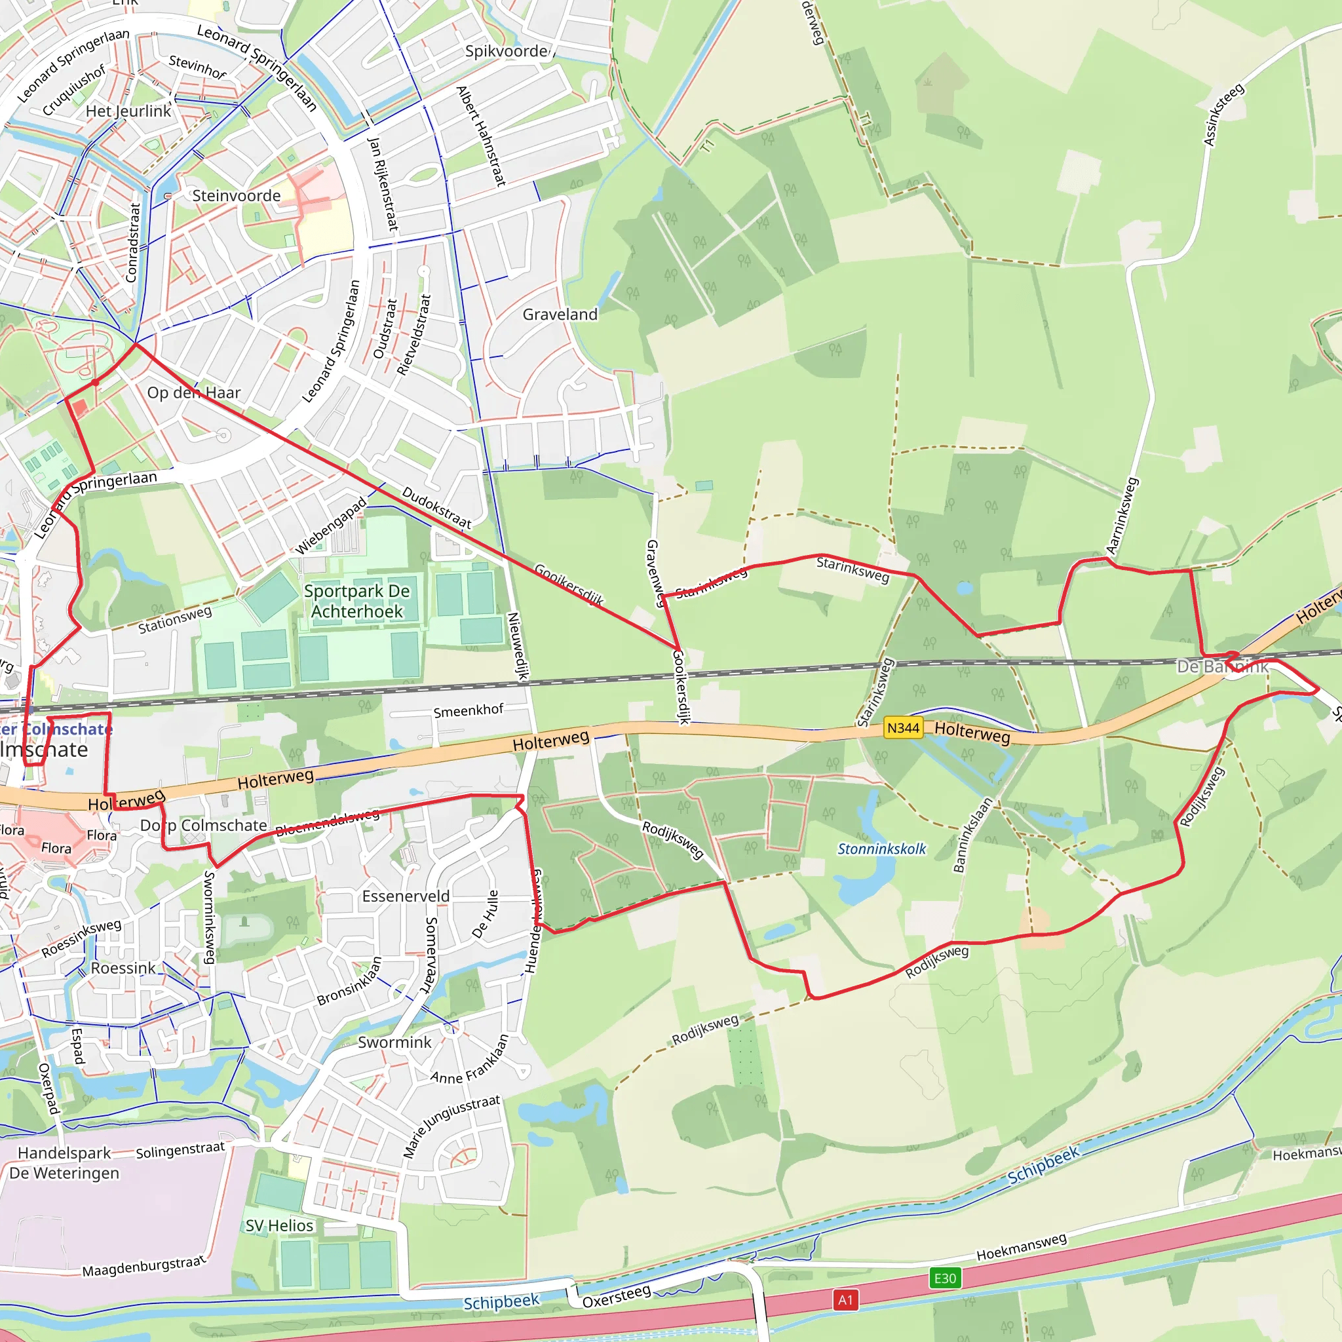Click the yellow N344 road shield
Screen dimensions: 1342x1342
(903, 728)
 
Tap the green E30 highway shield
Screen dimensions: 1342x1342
(945, 1278)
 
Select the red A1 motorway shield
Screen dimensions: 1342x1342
(845, 1300)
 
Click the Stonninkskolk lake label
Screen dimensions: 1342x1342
(881, 849)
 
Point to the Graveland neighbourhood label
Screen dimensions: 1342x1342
(560, 315)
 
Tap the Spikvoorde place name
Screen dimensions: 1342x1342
(507, 51)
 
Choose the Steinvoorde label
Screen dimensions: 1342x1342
(236, 196)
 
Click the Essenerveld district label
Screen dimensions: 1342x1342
(406, 896)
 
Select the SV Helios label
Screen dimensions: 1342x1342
(279, 1225)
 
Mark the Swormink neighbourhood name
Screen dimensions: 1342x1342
(394, 1042)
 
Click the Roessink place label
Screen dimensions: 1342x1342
(124, 968)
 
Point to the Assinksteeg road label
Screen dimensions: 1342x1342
(1223, 115)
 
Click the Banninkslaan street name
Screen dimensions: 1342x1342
(972, 835)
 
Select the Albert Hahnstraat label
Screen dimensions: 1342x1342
(481, 136)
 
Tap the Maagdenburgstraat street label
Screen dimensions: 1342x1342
(144, 1265)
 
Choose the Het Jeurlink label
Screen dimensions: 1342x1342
(128, 111)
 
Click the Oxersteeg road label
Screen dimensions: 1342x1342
(617, 1296)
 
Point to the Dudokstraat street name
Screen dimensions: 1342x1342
(437, 507)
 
